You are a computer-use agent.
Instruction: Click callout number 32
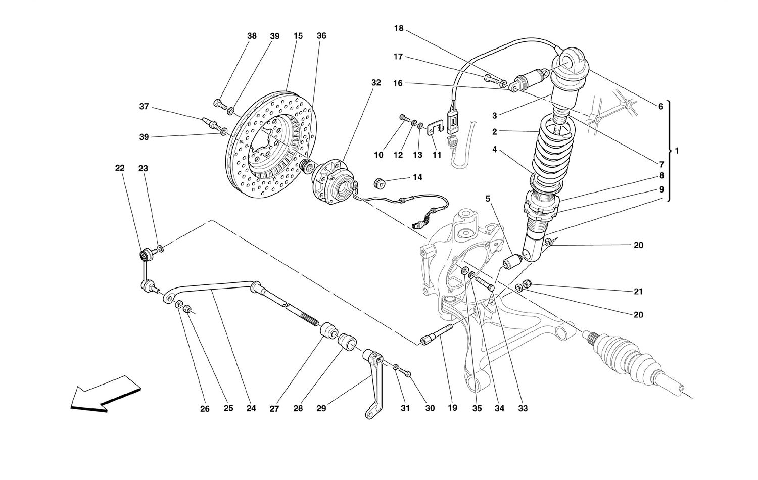tap(376, 82)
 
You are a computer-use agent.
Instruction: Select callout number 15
tap(298, 36)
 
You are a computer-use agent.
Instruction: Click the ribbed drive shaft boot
tap(627, 356)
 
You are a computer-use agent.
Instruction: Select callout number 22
tap(120, 168)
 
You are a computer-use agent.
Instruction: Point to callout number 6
tap(660, 107)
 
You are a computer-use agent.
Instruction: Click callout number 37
tap(145, 106)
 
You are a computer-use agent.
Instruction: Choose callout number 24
tap(251, 408)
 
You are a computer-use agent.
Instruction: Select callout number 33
tap(522, 408)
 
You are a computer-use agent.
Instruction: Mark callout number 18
tap(399, 28)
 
